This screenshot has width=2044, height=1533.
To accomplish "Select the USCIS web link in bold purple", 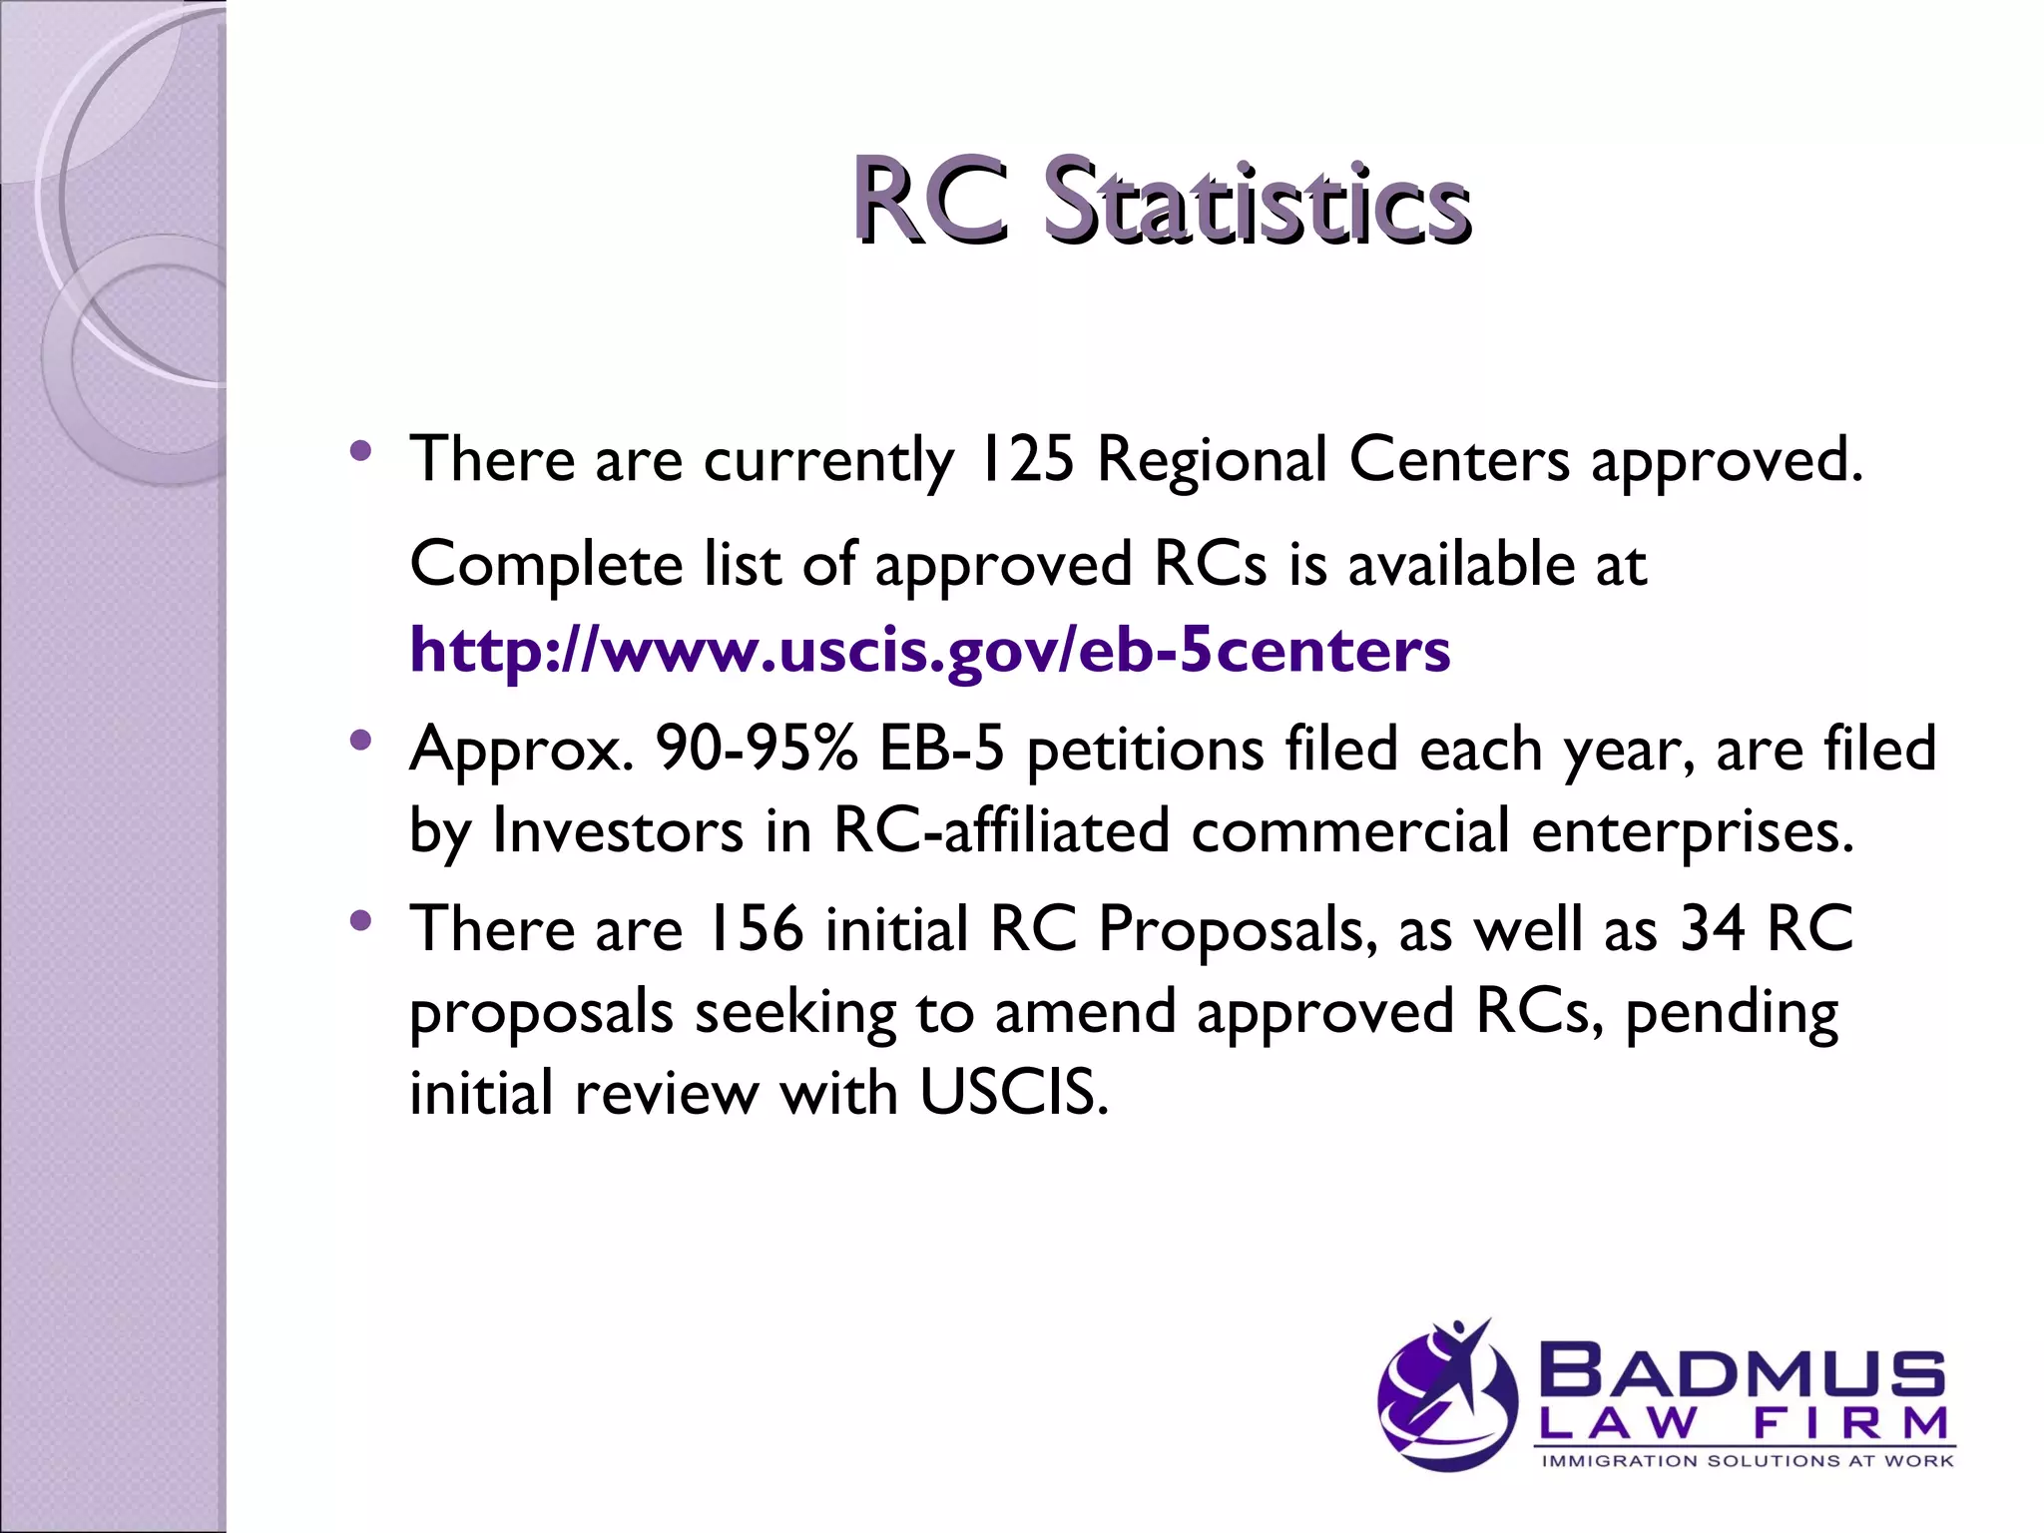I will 929,650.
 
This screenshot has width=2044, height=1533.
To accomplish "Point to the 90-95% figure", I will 756,749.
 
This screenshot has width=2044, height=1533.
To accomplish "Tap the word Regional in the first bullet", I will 1212,460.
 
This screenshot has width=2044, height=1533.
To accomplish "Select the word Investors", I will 618,830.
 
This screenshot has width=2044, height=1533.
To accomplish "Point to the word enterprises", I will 1692,832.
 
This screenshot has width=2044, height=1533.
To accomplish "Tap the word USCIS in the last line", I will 1012,1092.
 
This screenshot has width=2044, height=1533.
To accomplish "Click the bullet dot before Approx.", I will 361,741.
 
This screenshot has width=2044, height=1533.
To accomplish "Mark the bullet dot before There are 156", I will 361,920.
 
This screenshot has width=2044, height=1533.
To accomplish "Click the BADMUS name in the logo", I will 1743,1373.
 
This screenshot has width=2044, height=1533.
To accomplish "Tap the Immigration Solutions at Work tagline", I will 1747,1461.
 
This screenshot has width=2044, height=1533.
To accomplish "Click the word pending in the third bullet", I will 1731,1014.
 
